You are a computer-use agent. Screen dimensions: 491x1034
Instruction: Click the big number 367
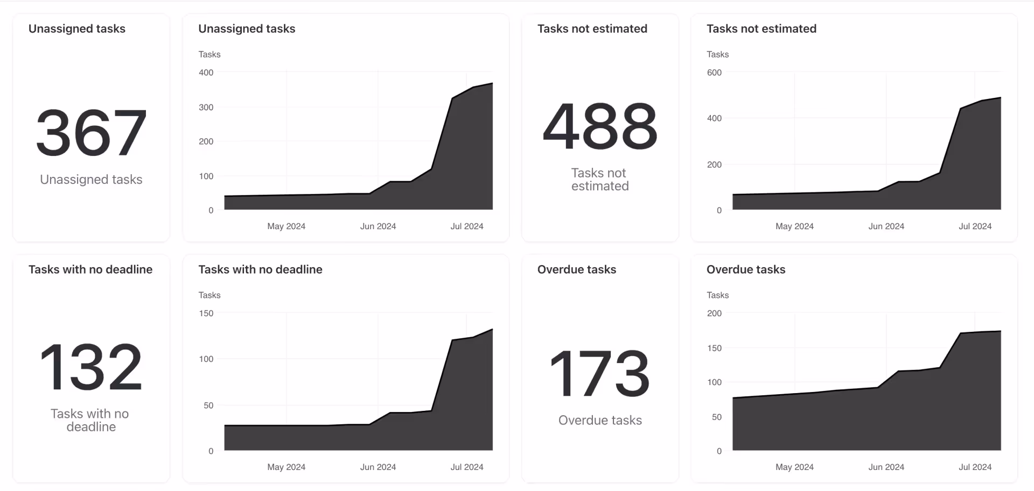tap(91, 132)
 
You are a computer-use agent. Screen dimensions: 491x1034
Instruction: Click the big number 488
tap(600, 126)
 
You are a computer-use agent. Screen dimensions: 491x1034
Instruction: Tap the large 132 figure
tap(91, 367)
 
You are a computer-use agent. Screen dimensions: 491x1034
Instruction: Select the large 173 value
tap(600, 373)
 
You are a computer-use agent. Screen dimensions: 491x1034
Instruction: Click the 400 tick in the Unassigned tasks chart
tap(206, 73)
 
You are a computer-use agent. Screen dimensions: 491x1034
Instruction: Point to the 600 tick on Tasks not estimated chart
tap(714, 73)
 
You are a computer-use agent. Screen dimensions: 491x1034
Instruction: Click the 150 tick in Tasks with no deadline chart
tap(206, 313)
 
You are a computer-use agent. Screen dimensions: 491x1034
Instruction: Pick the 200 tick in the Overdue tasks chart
tap(714, 313)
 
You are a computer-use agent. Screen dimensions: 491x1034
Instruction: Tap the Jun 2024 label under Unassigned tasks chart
tap(378, 226)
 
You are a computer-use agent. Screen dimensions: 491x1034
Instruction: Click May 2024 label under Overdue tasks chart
tap(794, 467)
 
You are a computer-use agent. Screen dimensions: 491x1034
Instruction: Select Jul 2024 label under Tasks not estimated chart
tap(975, 226)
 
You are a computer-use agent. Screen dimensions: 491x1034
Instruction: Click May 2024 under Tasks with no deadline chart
tap(286, 467)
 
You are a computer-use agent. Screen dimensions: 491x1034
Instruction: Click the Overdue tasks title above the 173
tap(576, 269)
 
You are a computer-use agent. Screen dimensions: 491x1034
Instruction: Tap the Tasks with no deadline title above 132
tap(90, 269)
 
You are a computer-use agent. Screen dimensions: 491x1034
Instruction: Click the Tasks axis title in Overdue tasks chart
tap(717, 295)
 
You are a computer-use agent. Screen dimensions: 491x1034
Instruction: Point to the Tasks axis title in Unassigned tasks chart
tap(209, 54)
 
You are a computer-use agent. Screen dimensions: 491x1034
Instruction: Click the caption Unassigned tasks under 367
tap(91, 180)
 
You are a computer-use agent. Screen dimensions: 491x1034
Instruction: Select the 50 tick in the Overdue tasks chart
tap(716, 417)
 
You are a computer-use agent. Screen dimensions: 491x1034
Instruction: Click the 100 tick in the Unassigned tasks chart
tap(206, 176)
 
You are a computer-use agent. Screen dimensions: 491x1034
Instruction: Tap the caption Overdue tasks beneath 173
tap(600, 420)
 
